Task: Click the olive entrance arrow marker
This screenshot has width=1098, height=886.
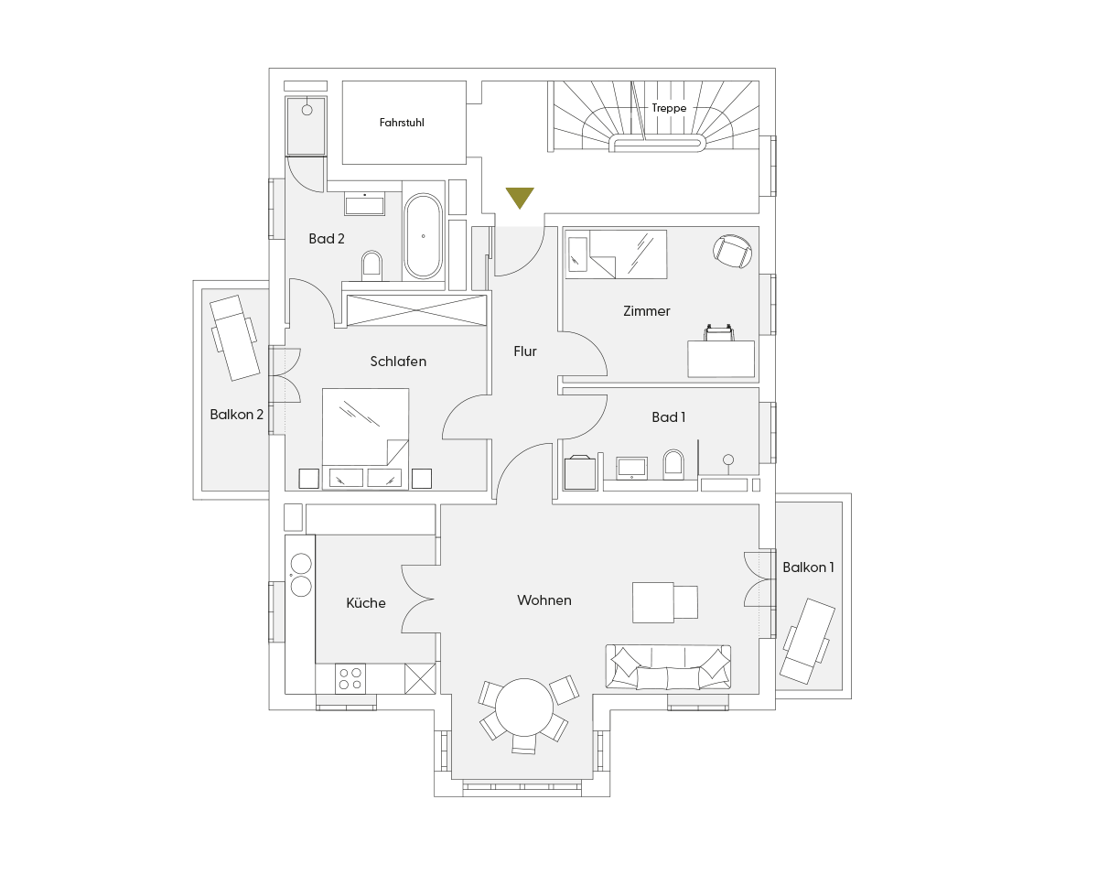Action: tap(520, 197)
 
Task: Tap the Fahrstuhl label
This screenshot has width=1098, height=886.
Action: tap(402, 123)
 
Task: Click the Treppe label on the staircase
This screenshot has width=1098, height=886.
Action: tap(669, 108)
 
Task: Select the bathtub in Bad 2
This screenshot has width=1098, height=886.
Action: tap(423, 236)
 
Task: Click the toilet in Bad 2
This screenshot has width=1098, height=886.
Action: tap(371, 265)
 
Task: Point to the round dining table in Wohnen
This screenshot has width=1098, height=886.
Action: tap(524, 707)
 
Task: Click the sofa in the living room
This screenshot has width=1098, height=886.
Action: tap(668, 667)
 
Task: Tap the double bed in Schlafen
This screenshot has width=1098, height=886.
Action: tap(365, 438)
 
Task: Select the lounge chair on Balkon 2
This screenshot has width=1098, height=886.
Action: tap(234, 338)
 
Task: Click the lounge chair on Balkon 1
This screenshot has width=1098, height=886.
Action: tap(807, 641)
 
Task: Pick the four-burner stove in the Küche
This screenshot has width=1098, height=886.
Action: tap(350, 678)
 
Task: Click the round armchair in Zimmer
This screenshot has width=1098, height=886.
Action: tap(732, 251)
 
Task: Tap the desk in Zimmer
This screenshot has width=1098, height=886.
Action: tap(721, 360)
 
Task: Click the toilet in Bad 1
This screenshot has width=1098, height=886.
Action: tap(673, 464)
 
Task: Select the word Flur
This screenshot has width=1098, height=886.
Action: tap(525, 351)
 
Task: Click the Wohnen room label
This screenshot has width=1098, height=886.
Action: tap(544, 600)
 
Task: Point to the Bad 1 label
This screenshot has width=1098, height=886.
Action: tap(668, 417)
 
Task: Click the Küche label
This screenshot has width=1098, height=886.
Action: tap(366, 603)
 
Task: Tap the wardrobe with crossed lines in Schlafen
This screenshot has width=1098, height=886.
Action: tap(416, 309)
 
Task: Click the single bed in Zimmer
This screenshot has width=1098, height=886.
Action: tap(616, 254)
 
